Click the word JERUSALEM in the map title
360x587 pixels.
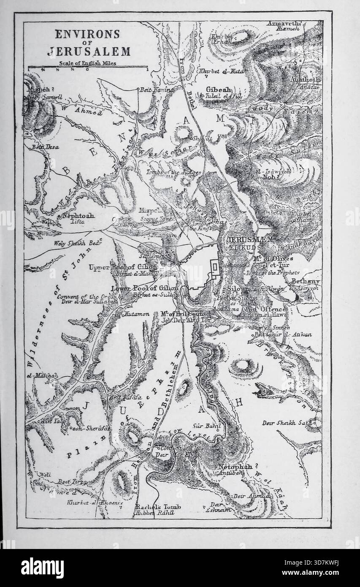[89, 52]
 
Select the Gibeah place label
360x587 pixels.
[218, 90]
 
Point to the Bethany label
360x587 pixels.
[306, 281]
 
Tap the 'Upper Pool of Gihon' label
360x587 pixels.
[123, 267]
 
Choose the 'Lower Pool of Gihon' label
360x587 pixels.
[145, 288]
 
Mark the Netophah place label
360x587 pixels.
[235, 467]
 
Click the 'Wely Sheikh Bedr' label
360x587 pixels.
[73, 244]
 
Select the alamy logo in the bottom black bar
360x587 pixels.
[42, 568]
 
